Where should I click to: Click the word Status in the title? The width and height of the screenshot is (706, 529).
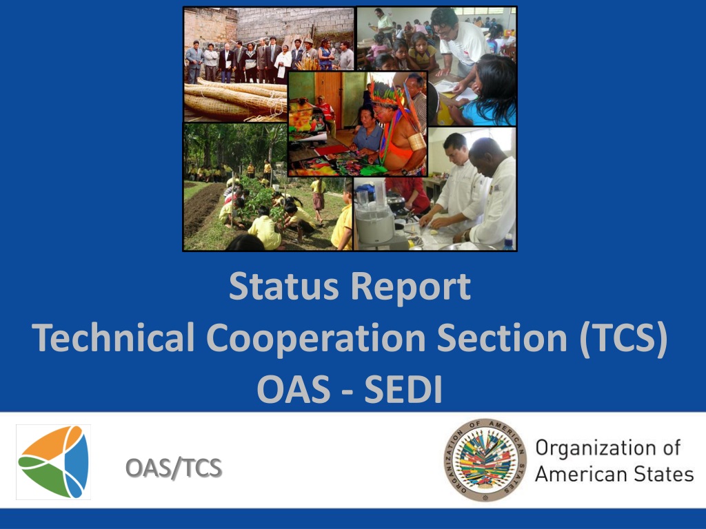(283, 287)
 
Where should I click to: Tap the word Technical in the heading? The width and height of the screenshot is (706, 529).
(113, 338)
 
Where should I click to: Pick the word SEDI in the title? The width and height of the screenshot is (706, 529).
(403, 390)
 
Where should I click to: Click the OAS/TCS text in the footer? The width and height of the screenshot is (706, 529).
(174, 468)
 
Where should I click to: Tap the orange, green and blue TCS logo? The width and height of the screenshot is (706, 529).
(54, 462)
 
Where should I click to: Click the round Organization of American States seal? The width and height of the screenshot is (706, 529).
(485, 460)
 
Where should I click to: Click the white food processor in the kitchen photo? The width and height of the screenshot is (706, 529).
(376, 218)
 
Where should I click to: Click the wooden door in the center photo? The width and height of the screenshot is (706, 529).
(329, 93)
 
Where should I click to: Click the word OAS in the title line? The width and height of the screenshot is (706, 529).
(294, 390)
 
